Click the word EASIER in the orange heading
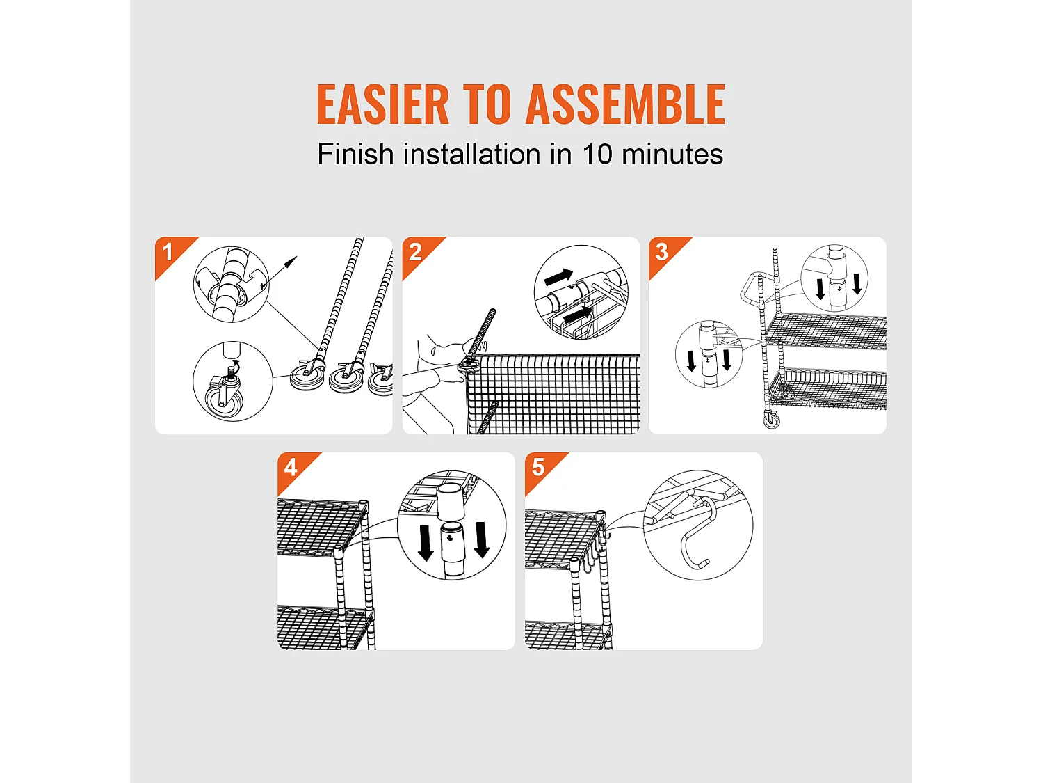(x=382, y=104)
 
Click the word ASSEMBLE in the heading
(x=625, y=104)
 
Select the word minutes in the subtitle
(x=672, y=154)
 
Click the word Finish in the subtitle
(x=356, y=154)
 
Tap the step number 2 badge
(x=415, y=252)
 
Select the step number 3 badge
(x=662, y=252)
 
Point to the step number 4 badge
(x=291, y=467)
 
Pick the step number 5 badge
(x=538, y=467)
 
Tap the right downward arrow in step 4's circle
(x=482, y=539)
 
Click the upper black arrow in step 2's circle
(x=558, y=277)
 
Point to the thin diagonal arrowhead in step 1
(x=291, y=262)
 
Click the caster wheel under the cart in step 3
(x=772, y=420)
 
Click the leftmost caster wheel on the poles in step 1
(x=307, y=377)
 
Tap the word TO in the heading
(x=487, y=104)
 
